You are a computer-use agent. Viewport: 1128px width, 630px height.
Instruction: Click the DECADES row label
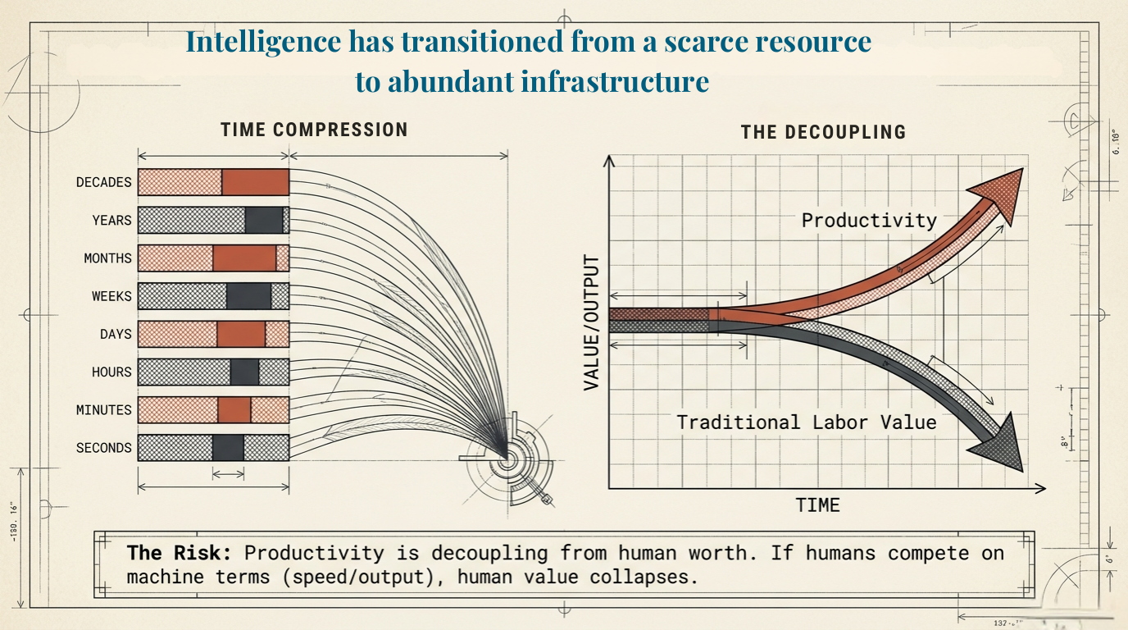[x=103, y=182]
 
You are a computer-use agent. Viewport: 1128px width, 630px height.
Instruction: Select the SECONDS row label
[x=103, y=448]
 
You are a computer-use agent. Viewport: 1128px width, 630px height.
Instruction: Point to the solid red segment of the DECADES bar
[x=255, y=182]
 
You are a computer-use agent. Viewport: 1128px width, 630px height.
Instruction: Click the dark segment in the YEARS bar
[x=264, y=220]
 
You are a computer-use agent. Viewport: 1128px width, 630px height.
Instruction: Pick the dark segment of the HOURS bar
[x=244, y=372]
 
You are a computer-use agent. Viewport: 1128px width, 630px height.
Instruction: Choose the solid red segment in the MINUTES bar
[x=234, y=409]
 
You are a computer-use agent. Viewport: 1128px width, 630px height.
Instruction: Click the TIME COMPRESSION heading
[x=314, y=130]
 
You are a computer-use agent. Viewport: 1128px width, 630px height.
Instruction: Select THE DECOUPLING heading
[x=823, y=132]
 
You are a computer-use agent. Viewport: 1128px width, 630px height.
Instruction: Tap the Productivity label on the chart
[x=869, y=220]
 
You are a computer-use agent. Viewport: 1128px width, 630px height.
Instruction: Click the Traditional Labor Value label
[x=806, y=422]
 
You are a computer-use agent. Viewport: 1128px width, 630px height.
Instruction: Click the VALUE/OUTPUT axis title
[x=592, y=322]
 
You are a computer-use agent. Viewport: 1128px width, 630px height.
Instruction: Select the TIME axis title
[x=818, y=504]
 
